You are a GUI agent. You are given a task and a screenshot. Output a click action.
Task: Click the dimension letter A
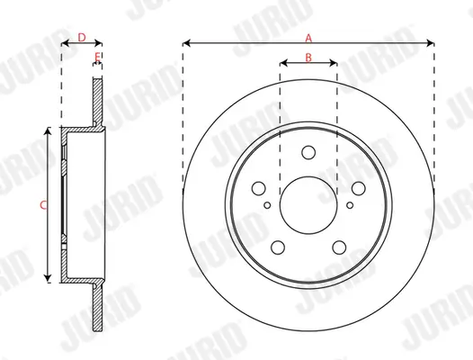tap(308, 37)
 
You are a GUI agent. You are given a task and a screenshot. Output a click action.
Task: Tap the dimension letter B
tap(308, 58)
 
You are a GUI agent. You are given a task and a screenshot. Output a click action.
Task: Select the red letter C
tap(43, 204)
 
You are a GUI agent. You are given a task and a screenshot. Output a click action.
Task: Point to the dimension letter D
tap(81, 37)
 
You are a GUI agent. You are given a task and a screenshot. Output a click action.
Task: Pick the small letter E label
tap(96, 58)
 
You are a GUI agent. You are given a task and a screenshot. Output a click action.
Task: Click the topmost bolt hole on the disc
tap(308, 153)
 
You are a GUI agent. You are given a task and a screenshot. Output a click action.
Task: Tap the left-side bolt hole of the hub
tap(259, 189)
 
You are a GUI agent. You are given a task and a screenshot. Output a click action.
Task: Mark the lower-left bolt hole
tap(278, 246)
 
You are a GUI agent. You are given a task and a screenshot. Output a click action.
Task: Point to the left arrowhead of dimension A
tap(185, 42)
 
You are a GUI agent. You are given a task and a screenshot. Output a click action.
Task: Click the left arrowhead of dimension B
tap(282, 63)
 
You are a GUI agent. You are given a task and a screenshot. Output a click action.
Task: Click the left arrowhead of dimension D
tap(64, 42)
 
